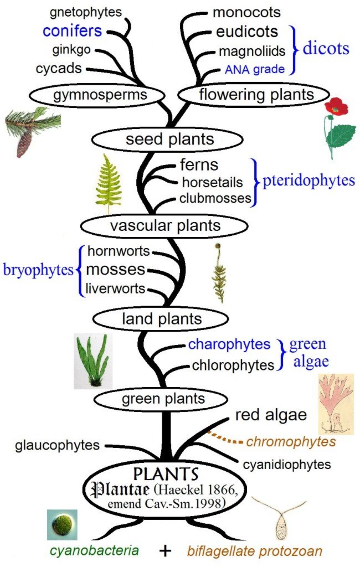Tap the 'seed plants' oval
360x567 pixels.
(x=169, y=139)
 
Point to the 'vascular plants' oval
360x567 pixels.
(x=164, y=225)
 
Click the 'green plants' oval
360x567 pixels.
(x=161, y=399)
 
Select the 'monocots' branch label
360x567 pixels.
(x=246, y=12)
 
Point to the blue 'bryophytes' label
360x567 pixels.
(x=39, y=270)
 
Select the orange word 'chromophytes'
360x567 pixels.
(x=291, y=441)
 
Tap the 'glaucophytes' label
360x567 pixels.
(x=58, y=445)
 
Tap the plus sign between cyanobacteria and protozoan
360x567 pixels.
(x=163, y=551)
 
